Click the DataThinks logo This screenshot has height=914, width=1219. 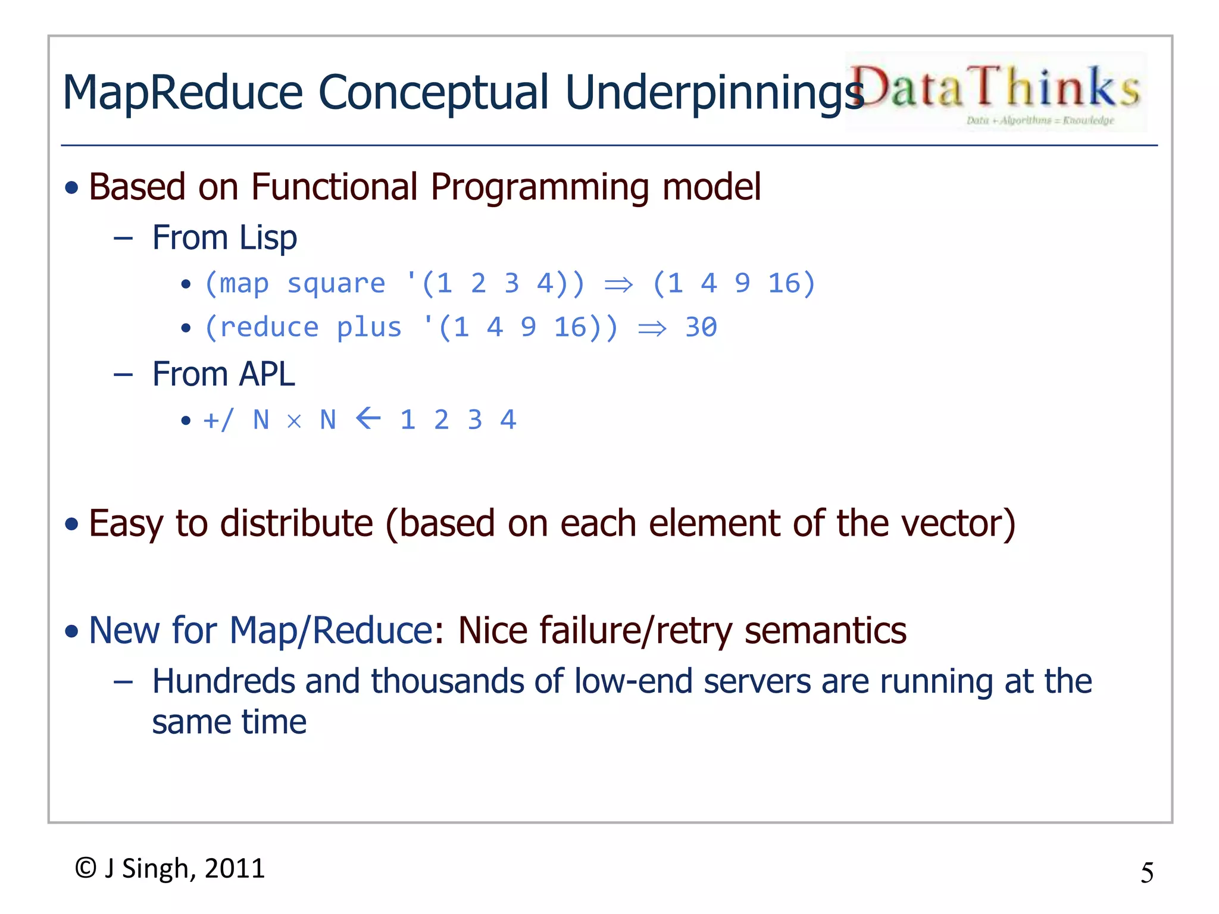tap(995, 92)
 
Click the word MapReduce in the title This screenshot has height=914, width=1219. tap(183, 93)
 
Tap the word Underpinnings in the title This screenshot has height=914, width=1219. tap(713, 93)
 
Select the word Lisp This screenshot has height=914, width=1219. tap(268, 239)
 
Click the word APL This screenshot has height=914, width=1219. tap(267, 375)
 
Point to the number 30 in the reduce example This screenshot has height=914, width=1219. tap(701, 327)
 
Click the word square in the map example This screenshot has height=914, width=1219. tap(336, 283)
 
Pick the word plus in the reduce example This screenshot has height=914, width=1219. tap(369, 327)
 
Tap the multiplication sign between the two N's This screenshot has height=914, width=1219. tap(294, 421)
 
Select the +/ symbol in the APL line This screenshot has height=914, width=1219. tap(218, 420)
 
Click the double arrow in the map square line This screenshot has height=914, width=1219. tap(618, 285)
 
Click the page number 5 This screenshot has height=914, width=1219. tap(1146, 873)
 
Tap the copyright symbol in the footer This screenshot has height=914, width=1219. tap(86, 868)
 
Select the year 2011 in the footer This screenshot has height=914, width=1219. tap(235, 868)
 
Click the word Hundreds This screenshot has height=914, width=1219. tap(224, 681)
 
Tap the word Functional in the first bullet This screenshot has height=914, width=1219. tap(335, 187)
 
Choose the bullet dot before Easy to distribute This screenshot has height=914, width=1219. tap(72, 524)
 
